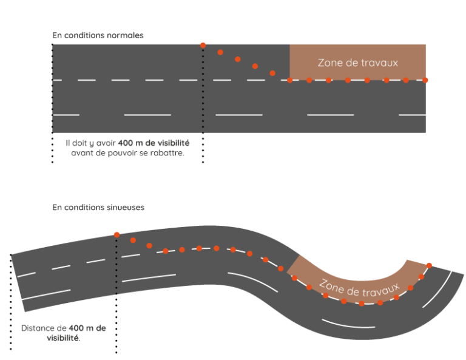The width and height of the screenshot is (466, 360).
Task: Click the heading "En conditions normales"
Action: pyautogui.click(x=98, y=35)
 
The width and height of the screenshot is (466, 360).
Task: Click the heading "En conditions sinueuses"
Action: pyautogui.click(x=98, y=208)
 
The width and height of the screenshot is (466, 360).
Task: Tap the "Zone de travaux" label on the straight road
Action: pyautogui.click(x=358, y=62)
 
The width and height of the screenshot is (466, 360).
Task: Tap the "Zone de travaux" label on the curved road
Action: pyautogui.click(x=359, y=284)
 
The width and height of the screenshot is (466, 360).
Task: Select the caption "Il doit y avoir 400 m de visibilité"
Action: pyautogui.click(x=128, y=143)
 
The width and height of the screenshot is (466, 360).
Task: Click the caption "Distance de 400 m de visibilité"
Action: pyautogui.click(x=63, y=328)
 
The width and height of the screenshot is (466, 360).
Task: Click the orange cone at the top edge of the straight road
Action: pyautogui.click(x=203, y=45)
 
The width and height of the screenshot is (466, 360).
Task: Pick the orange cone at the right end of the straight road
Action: pyautogui.click(x=425, y=80)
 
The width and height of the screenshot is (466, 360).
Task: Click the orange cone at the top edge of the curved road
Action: pyautogui.click(x=116, y=234)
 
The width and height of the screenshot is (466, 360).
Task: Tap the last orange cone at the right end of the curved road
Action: pyautogui.click(x=430, y=265)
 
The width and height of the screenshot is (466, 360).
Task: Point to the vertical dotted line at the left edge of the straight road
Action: pyautogui.click(x=53, y=88)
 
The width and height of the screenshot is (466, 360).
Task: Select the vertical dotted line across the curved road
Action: pyautogui.click(x=116, y=267)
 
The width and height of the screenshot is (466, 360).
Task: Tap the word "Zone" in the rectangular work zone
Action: pyautogui.click(x=329, y=62)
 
